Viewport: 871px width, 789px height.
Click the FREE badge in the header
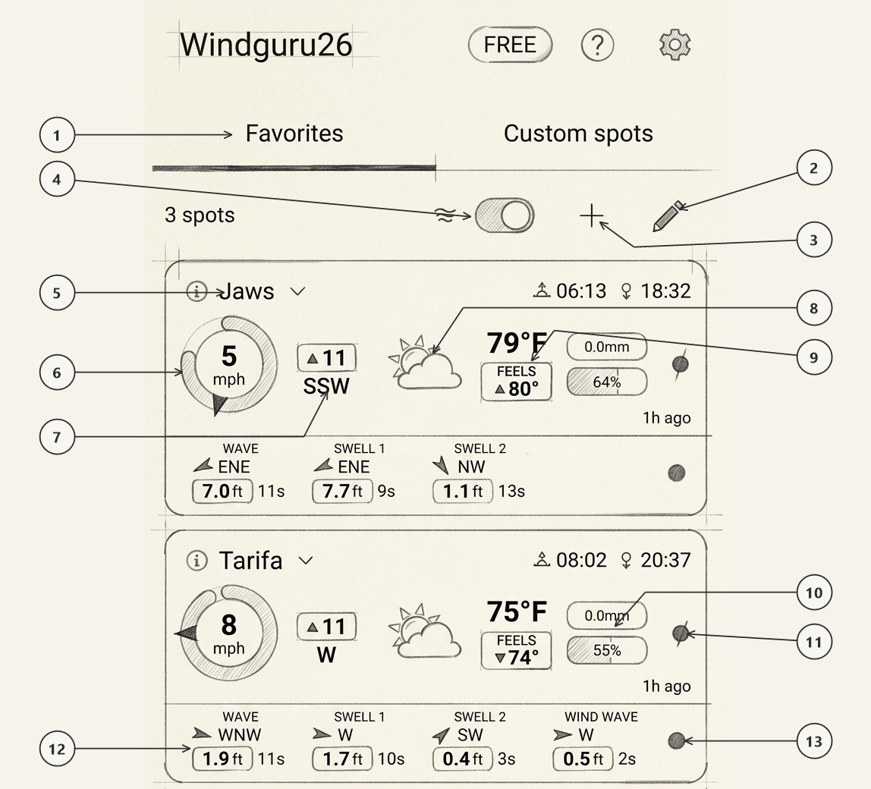click(510, 45)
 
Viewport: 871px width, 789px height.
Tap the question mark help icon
click(597, 45)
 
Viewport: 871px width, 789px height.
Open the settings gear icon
click(675, 45)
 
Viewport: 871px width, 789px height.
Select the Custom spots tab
click(578, 134)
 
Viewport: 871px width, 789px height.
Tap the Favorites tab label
click(294, 134)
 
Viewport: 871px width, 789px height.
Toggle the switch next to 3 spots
click(505, 215)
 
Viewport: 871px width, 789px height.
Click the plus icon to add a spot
click(592, 215)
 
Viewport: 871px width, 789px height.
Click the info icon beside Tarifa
click(196, 560)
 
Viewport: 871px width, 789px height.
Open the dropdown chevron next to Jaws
click(297, 291)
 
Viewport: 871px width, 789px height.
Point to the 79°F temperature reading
click(517, 343)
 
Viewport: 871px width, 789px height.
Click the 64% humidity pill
click(607, 382)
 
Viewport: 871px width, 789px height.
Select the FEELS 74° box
click(517, 650)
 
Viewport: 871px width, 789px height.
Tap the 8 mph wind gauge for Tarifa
click(229, 633)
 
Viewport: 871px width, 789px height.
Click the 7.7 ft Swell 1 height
click(342, 491)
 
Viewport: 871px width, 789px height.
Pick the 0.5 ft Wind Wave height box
click(583, 759)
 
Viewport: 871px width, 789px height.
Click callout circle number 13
click(814, 741)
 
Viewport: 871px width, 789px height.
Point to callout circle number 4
click(57, 180)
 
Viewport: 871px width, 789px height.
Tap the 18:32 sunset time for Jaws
click(665, 291)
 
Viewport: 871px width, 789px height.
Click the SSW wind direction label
click(326, 386)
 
